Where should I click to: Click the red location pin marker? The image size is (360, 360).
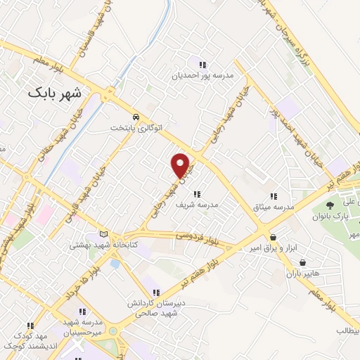[181, 165]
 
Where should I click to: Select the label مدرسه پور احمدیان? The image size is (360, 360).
[203, 74]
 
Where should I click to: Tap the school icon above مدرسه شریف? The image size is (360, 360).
[197, 193]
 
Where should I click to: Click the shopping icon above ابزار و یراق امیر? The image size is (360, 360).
[272, 238]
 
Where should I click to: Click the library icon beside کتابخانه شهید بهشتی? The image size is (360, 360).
[105, 234]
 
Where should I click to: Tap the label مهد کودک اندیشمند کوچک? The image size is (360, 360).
[30, 341]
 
